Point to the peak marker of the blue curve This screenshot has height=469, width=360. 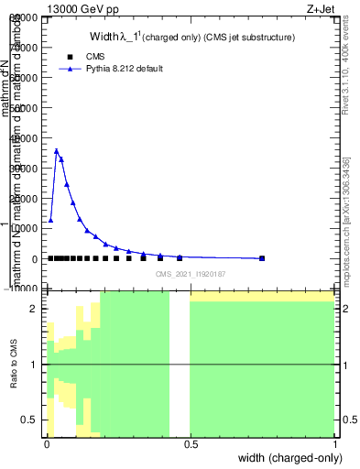[57, 151]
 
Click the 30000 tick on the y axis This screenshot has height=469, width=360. [23, 169]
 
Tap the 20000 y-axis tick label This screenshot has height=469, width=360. [23, 199]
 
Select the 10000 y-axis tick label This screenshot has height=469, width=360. [23, 229]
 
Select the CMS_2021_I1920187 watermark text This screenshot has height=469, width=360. [190, 273]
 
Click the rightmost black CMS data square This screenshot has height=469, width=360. [262, 258]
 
